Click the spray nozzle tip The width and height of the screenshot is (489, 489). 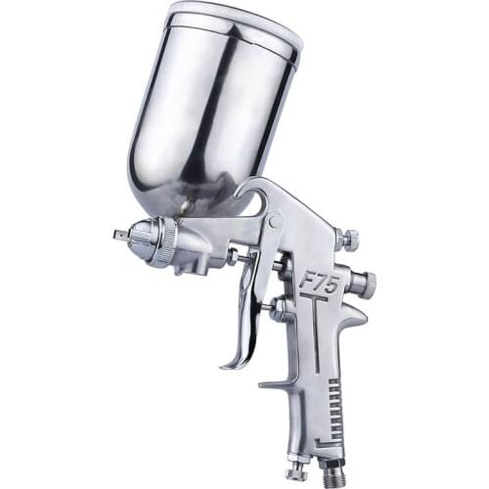[121, 235]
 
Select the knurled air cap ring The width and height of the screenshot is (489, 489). [167, 241]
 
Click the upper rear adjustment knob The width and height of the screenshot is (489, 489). [347, 239]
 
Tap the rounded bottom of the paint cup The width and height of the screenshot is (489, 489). [171, 196]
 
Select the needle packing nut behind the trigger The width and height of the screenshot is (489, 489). [279, 311]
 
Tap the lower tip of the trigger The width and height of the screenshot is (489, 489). [227, 364]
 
